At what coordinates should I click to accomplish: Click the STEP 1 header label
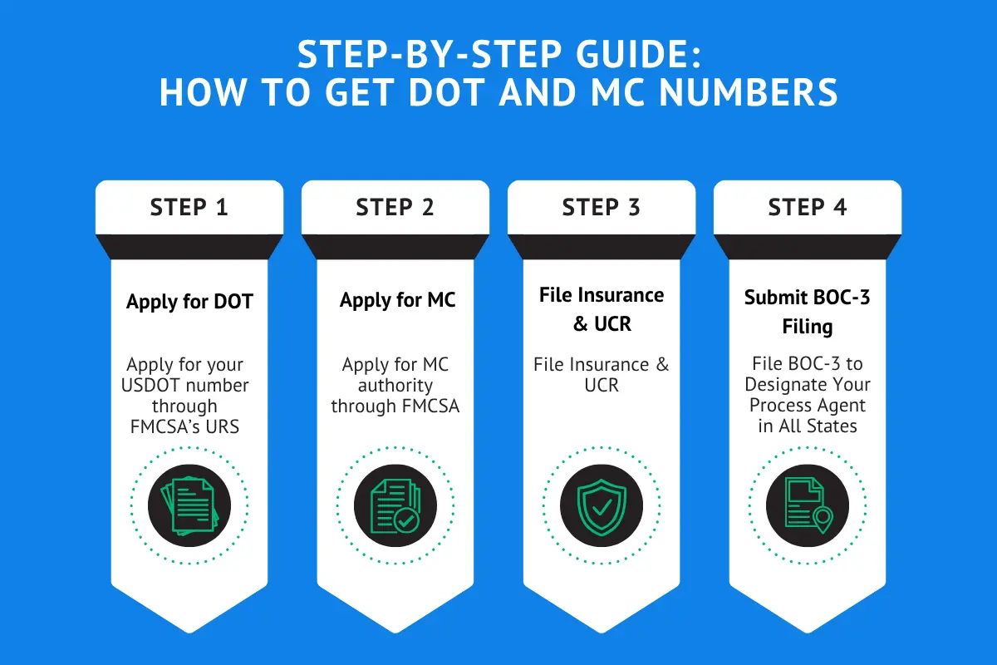click(189, 207)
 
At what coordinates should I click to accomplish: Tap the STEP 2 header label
click(395, 207)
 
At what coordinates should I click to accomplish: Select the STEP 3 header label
click(601, 207)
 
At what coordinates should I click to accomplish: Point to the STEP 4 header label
click(807, 207)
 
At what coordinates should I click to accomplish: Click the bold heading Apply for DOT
click(189, 301)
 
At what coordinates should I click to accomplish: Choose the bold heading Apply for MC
click(397, 300)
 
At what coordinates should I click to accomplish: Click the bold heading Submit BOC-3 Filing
click(807, 311)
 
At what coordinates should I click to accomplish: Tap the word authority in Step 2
click(395, 385)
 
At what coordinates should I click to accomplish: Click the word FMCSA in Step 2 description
click(430, 406)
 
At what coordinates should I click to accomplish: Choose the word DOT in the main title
click(454, 94)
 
